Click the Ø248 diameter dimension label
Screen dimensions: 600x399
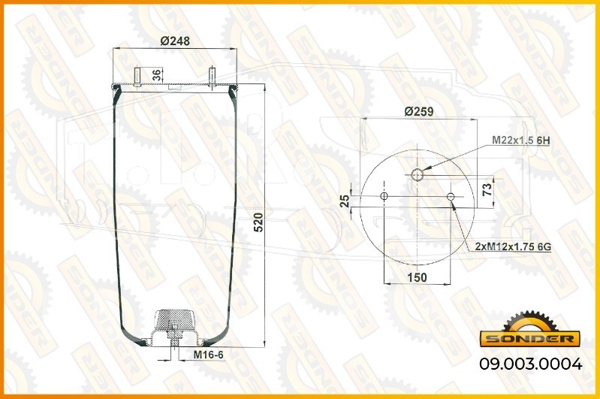tap(175, 41)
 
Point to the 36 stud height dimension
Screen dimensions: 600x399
tap(156, 75)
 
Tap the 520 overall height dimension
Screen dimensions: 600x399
tap(258, 222)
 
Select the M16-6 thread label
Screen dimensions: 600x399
tap(208, 355)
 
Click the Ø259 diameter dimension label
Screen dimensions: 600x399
tap(419, 111)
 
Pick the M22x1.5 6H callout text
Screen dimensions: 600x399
tap(521, 141)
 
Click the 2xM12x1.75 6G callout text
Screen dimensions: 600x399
tap(513, 247)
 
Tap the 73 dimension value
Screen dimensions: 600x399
tap(487, 190)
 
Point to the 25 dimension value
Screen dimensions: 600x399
tap(345, 201)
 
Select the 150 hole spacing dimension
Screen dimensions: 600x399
tap(417, 277)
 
